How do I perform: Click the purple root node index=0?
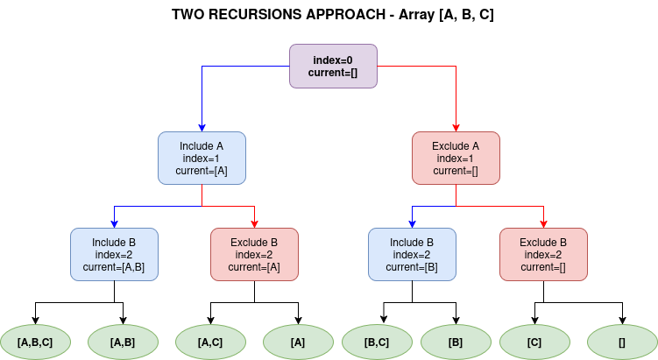(x=333, y=67)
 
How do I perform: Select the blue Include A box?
(x=202, y=159)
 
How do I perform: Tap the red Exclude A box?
(x=456, y=159)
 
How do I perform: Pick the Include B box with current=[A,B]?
(x=114, y=254)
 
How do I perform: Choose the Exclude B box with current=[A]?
(x=254, y=254)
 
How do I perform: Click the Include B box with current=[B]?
(x=412, y=254)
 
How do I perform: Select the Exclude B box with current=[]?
(x=543, y=254)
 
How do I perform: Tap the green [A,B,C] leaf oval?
(x=35, y=342)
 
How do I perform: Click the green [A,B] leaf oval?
(x=123, y=342)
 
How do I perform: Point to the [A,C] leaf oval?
(x=210, y=342)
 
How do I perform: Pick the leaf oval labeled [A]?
(x=299, y=342)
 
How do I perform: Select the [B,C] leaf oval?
(x=378, y=342)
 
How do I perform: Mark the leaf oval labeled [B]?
(x=456, y=342)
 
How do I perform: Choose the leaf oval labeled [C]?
(x=534, y=342)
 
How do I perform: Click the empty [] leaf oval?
(x=622, y=342)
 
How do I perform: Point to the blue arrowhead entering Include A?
(x=202, y=128)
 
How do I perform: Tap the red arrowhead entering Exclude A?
(x=456, y=128)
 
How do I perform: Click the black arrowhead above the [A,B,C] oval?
(x=35, y=321)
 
